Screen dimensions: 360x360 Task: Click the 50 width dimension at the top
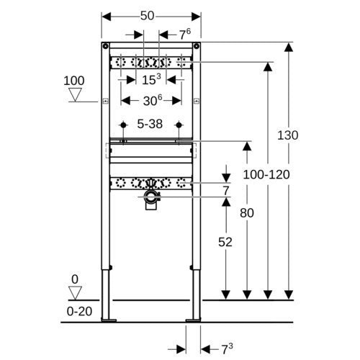(x=147, y=16)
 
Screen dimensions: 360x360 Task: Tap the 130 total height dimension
(x=288, y=135)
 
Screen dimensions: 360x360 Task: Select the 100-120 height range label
(x=266, y=174)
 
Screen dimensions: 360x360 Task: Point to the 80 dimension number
(x=247, y=213)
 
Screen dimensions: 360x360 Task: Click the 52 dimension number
(x=225, y=242)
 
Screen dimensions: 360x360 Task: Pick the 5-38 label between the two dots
(x=150, y=124)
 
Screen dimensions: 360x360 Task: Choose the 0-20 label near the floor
(x=79, y=311)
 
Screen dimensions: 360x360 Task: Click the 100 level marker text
(x=74, y=81)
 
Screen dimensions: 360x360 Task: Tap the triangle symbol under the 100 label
(x=75, y=94)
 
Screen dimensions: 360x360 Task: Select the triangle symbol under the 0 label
(x=75, y=293)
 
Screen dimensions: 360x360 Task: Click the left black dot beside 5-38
(x=123, y=125)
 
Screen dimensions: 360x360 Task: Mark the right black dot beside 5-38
(x=179, y=125)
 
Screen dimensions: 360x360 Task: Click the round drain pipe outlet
(x=151, y=197)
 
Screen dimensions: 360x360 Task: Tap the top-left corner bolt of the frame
(x=105, y=46)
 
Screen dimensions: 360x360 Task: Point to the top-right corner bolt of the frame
(x=197, y=46)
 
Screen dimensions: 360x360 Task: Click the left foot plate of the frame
(x=109, y=320)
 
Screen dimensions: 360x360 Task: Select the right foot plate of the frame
(x=193, y=320)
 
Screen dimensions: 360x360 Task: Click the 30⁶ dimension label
(x=153, y=100)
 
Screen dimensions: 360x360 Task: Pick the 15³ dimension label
(x=151, y=79)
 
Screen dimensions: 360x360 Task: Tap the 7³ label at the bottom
(x=227, y=349)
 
